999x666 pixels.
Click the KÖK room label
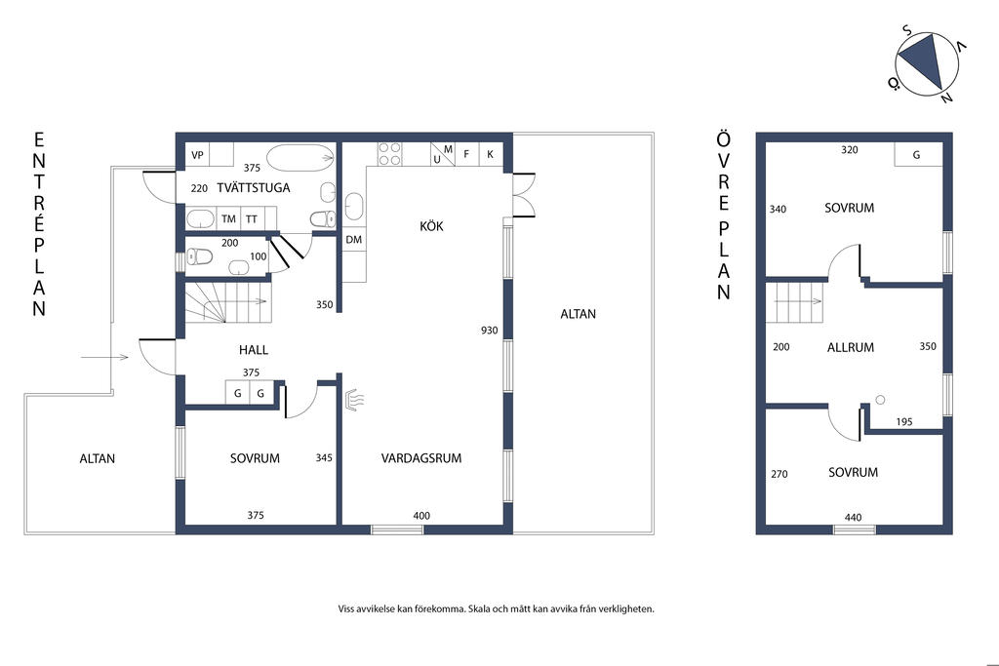pyautogui.click(x=431, y=225)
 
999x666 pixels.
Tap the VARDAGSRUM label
pyautogui.click(x=421, y=457)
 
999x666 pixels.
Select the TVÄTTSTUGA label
pyautogui.click(x=253, y=187)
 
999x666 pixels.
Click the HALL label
pyautogui.click(x=254, y=349)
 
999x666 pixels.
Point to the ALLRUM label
pyautogui.click(x=851, y=348)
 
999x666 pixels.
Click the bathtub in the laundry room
pyautogui.click(x=300, y=158)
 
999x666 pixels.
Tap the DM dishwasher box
pyautogui.click(x=354, y=240)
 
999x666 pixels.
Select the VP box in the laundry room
pyautogui.click(x=197, y=155)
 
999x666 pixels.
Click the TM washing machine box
pyautogui.click(x=228, y=218)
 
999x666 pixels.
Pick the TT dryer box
pyautogui.click(x=253, y=218)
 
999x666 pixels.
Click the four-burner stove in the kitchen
pyautogui.click(x=390, y=153)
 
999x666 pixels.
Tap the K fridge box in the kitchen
pyautogui.click(x=490, y=154)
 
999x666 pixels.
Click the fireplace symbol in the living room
pyautogui.click(x=353, y=399)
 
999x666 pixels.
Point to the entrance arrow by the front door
pyautogui.click(x=104, y=357)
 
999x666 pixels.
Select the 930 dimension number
pyautogui.click(x=490, y=330)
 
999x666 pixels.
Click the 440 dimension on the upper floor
pyautogui.click(x=853, y=517)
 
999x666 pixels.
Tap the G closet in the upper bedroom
pyautogui.click(x=918, y=154)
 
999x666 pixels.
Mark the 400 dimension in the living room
pyautogui.click(x=421, y=515)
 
